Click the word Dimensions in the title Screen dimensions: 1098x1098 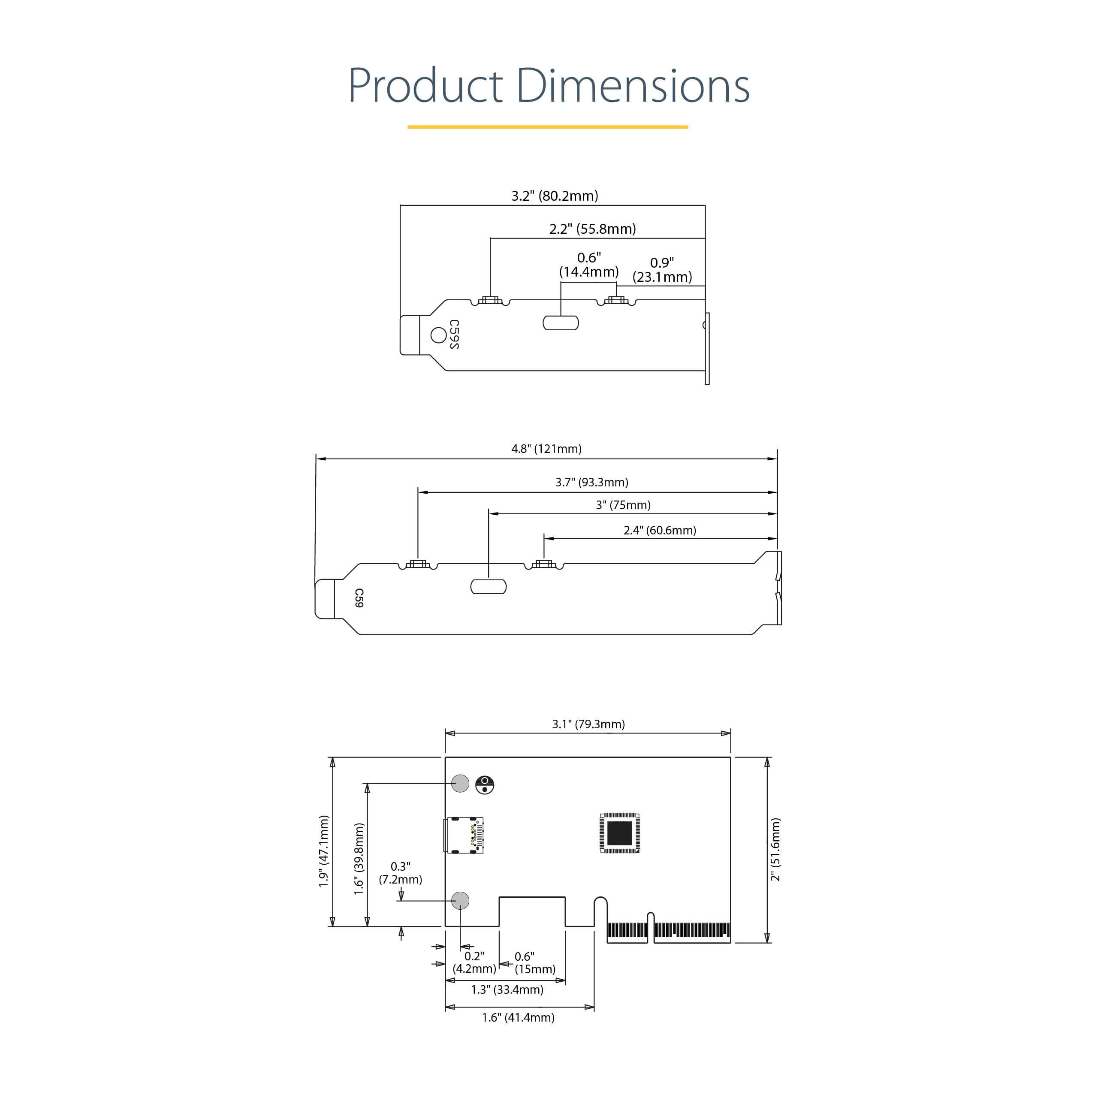[x=633, y=85]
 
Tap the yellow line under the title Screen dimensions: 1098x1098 [x=547, y=127]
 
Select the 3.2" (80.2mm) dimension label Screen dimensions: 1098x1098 [x=555, y=196]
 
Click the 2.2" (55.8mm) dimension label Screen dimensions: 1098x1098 [x=592, y=229]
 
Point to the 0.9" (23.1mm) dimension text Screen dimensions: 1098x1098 [x=662, y=270]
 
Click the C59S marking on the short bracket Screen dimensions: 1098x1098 [x=453, y=334]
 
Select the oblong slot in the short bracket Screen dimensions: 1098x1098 [x=561, y=323]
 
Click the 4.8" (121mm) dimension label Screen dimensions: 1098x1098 [x=546, y=449]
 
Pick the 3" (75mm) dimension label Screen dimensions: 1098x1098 [x=623, y=505]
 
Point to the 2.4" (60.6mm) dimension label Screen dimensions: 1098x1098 [x=659, y=530]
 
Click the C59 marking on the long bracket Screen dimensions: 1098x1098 [x=359, y=598]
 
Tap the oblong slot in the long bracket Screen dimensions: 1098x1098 [x=488, y=586]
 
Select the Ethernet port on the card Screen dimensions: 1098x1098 [x=463, y=835]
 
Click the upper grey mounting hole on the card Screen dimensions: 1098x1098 [x=460, y=783]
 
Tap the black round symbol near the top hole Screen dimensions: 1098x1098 [x=484, y=785]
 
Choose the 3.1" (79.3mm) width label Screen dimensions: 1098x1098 [x=588, y=724]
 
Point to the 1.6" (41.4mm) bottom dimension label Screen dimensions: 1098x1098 [x=518, y=1017]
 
